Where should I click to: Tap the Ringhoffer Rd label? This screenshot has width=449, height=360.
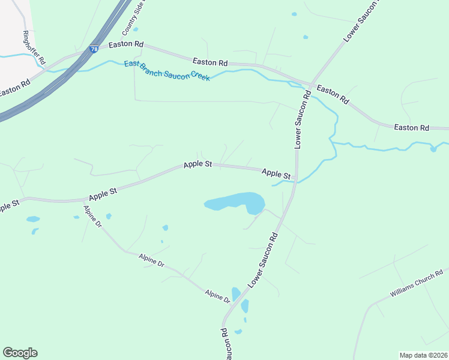pyautogui.click(x=34, y=47)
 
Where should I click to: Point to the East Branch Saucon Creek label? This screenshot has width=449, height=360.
pyautogui.click(x=167, y=71)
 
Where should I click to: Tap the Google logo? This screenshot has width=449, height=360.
pyautogui.click(x=20, y=353)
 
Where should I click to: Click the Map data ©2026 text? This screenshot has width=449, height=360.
pyautogui.click(x=423, y=355)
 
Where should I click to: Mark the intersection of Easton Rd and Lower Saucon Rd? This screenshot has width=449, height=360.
pyautogui.click(x=310, y=84)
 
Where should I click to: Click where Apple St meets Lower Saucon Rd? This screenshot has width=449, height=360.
pyautogui.click(x=296, y=179)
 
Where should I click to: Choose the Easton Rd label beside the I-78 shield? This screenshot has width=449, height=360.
pyautogui.click(x=126, y=44)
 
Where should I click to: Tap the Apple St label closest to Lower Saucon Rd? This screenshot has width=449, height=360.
pyautogui.click(x=276, y=173)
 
